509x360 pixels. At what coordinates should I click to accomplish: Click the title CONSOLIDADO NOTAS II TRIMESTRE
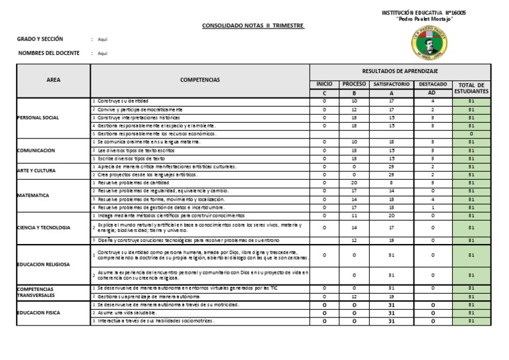tap(253, 26)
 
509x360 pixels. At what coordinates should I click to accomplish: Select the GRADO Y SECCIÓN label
tap(39, 39)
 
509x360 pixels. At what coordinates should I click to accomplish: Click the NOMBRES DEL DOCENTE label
tap(48, 53)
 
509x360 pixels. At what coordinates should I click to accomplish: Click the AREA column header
tap(53, 80)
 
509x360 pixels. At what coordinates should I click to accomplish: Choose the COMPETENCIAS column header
tap(199, 80)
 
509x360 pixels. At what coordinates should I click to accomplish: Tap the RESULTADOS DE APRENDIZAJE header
tap(400, 71)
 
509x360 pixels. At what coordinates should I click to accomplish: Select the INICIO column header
tap(325, 84)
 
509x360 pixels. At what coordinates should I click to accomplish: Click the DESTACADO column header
tap(432, 84)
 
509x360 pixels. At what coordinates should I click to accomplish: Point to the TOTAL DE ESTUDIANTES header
tap(472, 88)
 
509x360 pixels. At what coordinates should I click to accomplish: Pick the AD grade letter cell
tap(432, 93)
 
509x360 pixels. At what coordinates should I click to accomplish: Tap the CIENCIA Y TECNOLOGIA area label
tap(45, 227)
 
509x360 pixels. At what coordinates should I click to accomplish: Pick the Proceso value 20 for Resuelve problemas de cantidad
tap(354, 182)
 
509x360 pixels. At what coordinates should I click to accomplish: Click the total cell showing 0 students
tap(471, 133)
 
